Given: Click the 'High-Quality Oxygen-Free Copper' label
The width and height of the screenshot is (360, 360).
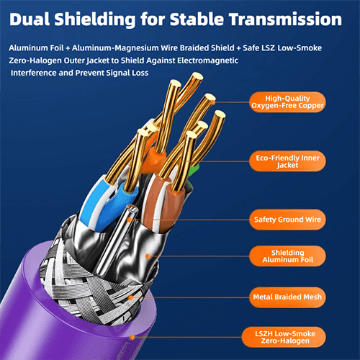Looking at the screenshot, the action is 287,102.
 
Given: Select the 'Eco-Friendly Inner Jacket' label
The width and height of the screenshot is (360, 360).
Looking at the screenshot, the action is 287,161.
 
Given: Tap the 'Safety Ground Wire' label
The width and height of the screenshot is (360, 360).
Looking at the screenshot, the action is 287,220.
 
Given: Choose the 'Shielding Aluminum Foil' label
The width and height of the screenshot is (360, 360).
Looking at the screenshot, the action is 287,256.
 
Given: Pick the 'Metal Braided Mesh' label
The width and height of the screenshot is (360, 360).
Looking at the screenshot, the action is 287,297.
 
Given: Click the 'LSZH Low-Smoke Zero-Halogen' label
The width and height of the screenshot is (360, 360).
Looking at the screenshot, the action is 284,337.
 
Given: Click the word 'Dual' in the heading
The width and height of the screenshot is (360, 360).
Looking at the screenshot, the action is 30,19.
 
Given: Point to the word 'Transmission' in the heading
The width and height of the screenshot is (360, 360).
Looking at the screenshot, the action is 285,19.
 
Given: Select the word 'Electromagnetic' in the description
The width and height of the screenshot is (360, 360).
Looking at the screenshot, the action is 207,60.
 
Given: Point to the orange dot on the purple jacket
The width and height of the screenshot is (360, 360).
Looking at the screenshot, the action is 132,337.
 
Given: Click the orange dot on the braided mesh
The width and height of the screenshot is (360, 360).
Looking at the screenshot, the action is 131,298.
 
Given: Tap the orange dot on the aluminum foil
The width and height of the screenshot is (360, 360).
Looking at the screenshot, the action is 148,256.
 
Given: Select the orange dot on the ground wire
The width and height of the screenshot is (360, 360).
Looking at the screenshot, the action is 130,220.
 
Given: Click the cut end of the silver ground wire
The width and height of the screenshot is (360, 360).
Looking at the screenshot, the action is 132,208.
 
